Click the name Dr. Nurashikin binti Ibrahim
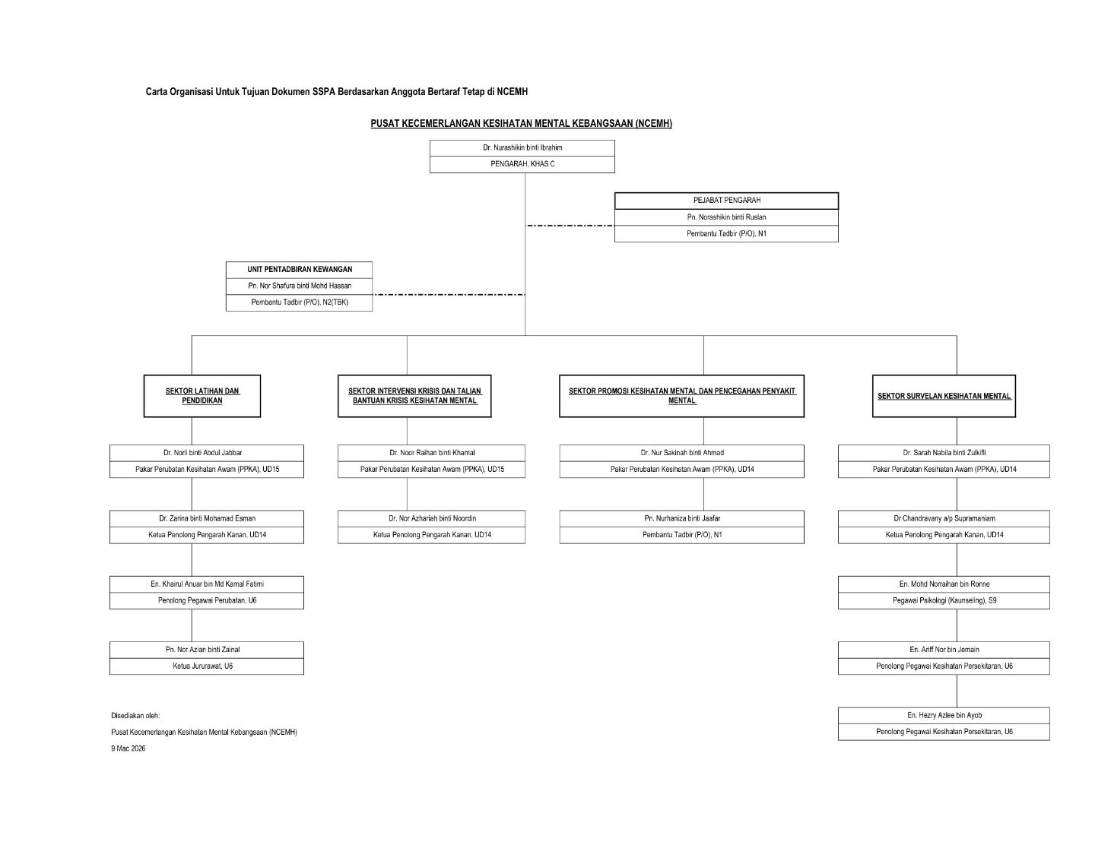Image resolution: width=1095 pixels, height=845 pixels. point(522,148)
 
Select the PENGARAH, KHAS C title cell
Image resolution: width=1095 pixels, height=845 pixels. point(522,164)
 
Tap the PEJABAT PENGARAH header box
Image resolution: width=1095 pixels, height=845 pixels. point(726,201)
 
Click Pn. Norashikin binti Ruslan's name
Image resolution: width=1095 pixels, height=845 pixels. point(726,217)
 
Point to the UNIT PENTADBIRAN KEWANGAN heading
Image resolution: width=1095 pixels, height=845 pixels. point(300,270)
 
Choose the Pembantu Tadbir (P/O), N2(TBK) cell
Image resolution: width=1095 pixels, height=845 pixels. point(300,302)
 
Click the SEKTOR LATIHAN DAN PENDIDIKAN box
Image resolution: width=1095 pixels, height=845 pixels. point(202,396)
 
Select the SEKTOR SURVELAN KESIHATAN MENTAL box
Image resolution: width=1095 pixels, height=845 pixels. point(944,396)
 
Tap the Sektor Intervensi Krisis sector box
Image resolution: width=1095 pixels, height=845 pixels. point(414,396)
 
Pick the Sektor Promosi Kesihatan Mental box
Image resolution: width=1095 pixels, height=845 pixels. point(681,396)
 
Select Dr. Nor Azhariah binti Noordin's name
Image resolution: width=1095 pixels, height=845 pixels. point(432,518)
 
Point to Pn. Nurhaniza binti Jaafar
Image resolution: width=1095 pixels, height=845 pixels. point(681,518)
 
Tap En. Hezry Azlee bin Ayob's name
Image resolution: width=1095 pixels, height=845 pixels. point(944,716)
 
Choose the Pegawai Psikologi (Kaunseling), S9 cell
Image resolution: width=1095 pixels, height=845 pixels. point(944,601)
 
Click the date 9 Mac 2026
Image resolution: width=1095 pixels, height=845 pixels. point(129,749)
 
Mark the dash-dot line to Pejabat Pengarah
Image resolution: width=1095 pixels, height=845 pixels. point(570,226)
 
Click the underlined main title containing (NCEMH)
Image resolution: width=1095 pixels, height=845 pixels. point(521,124)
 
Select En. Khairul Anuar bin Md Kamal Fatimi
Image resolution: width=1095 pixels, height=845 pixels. point(207,584)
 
